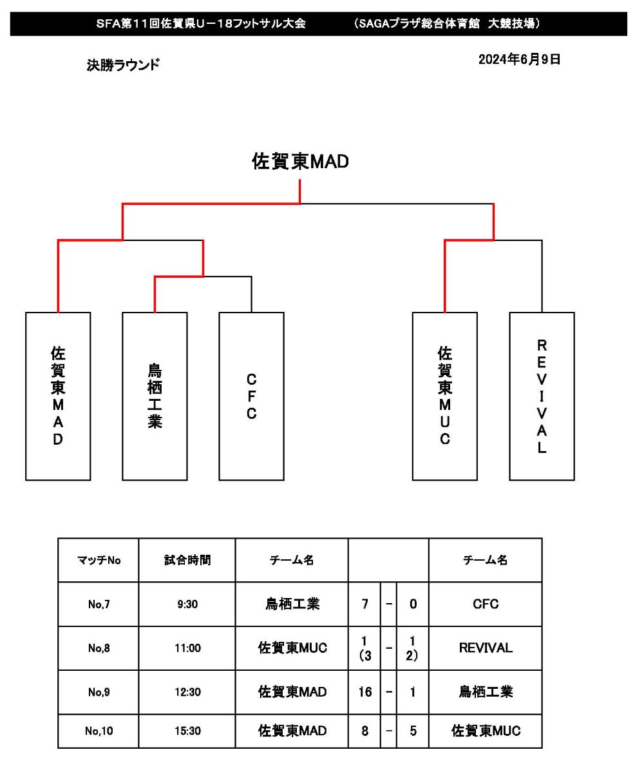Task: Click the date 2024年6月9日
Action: (519, 60)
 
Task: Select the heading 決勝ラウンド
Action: (123, 65)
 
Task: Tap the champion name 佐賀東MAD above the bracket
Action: (300, 162)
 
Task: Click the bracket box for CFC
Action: (251, 396)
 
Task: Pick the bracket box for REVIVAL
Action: (542, 396)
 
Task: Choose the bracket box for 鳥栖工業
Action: (155, 396)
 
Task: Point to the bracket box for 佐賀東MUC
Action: (445, 396)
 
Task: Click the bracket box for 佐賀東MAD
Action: (58, 396)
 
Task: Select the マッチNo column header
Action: (99, 561)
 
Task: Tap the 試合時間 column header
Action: (187, 561)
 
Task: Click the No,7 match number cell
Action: (99, 604)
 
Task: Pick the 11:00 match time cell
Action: (187, 648)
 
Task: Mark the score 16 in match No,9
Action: (365, 692)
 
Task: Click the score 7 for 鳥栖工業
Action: (365, 604)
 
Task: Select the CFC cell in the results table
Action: (486, 604)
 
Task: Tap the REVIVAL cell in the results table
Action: (486, 648)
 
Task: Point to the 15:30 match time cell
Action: (187, 731)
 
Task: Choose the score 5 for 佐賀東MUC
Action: (413, 731)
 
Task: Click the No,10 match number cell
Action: (99, 731)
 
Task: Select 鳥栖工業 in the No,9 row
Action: (486, 692)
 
